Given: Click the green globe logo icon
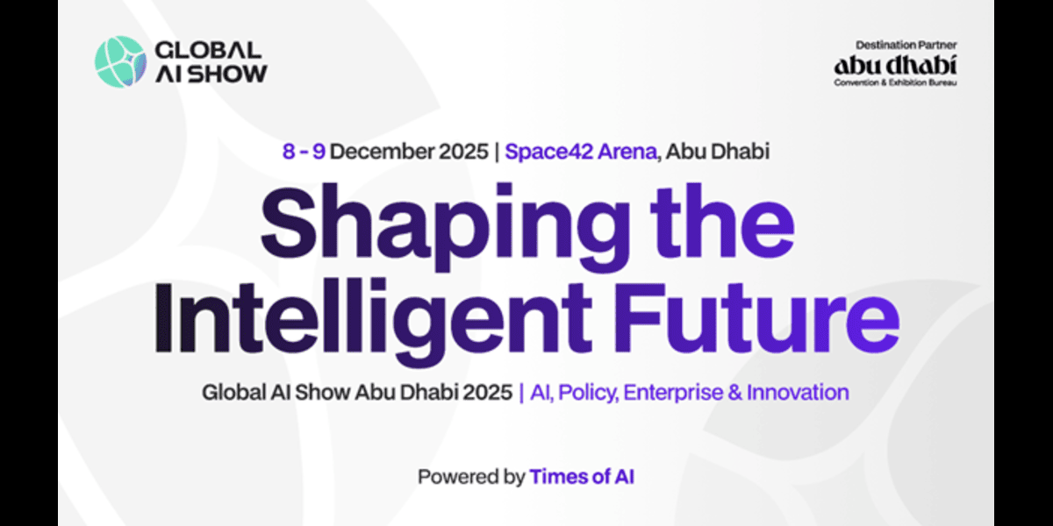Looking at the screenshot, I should (x=121, y=60).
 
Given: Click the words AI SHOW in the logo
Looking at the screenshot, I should (x=211, y=73).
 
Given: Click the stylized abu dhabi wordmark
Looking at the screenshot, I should (x=896, y=64).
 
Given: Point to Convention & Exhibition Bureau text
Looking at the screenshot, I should (x=896, y=82).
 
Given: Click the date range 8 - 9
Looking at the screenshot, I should (x=304, y=152).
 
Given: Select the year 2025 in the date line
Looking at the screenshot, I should (x=461, y=152).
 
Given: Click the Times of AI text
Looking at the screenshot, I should (x=582, y=478).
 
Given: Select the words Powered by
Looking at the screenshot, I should (x=470, y=478).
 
